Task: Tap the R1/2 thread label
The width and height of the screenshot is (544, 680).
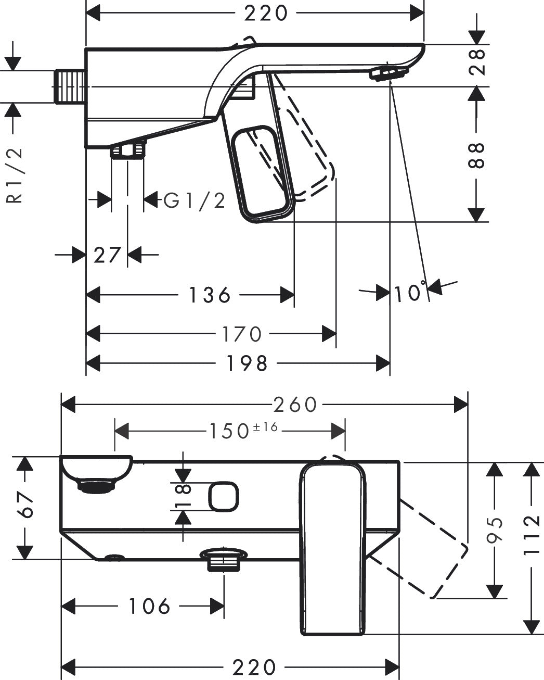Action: tap(15, 175)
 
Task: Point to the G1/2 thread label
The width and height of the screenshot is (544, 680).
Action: tap(195, 200)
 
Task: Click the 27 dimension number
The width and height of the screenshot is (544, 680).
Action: tap(107, 255)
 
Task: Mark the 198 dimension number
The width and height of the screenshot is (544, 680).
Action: tap(247, 363)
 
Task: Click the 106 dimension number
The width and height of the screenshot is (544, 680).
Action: tap(149, 606)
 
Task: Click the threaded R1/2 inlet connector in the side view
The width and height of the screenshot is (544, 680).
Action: tap(69, 86)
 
